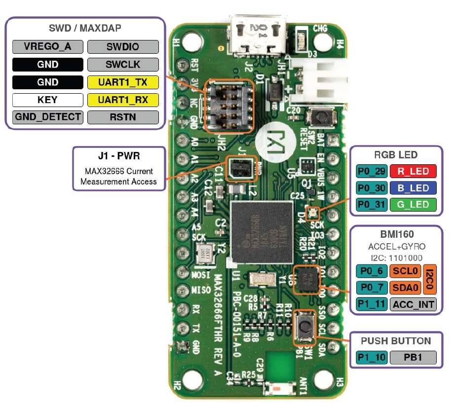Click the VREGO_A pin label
(48, 47)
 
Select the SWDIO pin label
(123, 47)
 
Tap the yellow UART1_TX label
(123, 82)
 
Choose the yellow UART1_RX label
(123, 100)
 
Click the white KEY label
(48, 100)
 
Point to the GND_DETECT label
(48, 117)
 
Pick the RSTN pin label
(123, 117)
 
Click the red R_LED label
(413, 171)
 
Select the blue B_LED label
(413, 188)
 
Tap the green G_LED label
(413, 204)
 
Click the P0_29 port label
(372, 171)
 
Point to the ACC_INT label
(413, 304)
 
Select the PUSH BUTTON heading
(396, 341)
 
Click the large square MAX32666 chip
(262, 232)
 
